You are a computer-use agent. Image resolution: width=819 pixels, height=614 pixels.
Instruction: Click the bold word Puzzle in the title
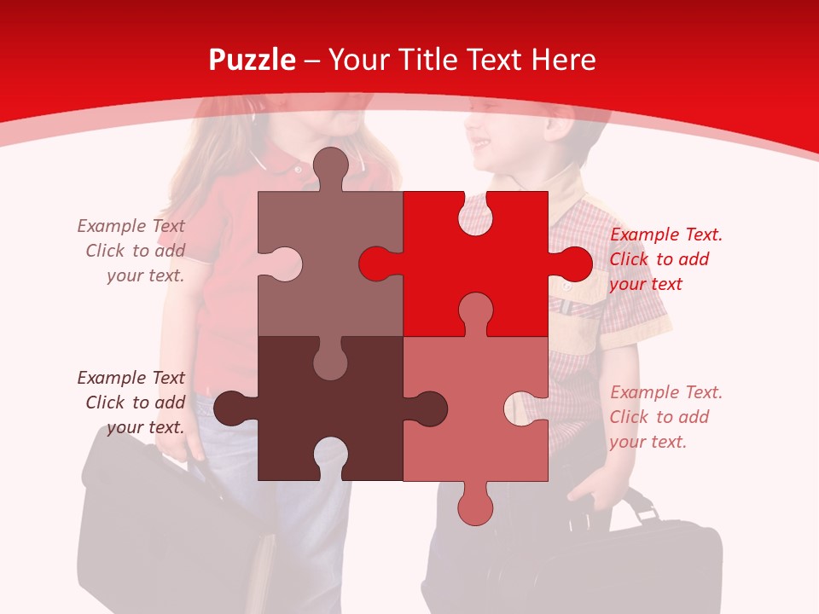[x=252, y=60]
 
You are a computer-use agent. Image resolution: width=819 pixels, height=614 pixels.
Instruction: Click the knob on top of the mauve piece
[x=330, y=166]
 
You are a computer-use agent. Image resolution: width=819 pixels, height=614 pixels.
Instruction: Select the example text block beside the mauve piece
[x=132, y=251]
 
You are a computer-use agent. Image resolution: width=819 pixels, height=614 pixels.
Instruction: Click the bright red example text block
[x=665, y=259]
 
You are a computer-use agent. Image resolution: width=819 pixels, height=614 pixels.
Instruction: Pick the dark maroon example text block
[x=132, y=403]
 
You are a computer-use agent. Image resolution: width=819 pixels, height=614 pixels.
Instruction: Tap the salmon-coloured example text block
[x=665, y=417]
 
